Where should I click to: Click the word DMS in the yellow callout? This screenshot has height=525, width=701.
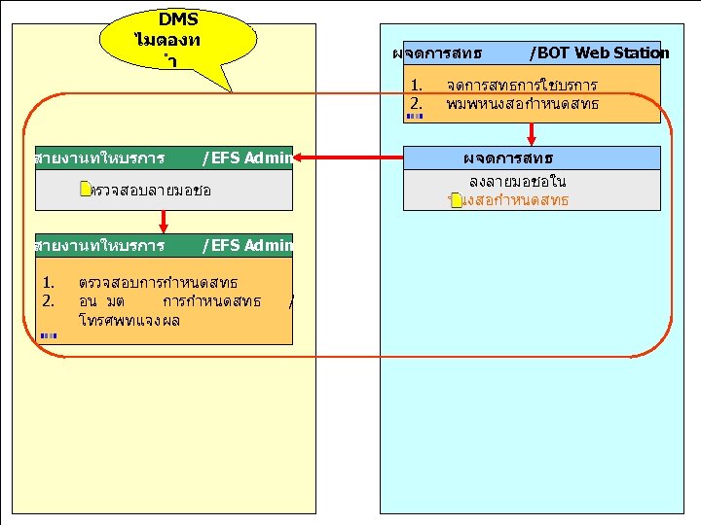point(178,19)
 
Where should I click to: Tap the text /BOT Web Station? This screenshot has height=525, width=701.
point(599,52)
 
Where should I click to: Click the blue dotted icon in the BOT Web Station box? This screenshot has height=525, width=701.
point(415,116)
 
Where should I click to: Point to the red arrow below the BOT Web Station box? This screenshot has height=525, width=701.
point(532,134)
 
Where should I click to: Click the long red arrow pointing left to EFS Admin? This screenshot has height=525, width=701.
point(350,157)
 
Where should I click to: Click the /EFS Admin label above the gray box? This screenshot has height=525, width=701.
point(245,157)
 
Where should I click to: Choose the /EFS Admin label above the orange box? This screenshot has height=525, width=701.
point(245,245)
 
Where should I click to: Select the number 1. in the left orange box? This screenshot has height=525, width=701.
point(48,283)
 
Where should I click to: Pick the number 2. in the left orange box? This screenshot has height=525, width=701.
point(48,300)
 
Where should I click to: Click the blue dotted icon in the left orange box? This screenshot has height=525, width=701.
point(49,335)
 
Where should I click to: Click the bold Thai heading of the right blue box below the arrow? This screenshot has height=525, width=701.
point(507,157)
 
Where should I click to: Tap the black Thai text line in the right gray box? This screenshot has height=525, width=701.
point(517,182)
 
